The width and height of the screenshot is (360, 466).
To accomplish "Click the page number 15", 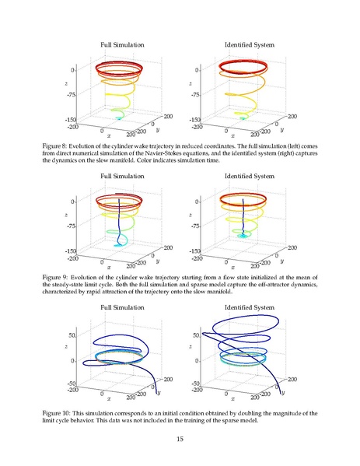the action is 180,439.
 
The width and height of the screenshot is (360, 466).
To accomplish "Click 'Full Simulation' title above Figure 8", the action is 122,45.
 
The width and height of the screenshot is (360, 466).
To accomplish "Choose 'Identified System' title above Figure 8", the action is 250,45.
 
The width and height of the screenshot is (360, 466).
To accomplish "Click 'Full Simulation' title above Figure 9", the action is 122,177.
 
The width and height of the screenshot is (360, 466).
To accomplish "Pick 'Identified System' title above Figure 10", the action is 250,307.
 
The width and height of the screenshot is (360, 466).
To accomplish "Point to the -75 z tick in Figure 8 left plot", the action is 71,95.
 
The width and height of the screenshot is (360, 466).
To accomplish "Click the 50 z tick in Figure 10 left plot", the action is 72,335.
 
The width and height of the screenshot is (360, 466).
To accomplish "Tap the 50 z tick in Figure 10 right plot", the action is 196,335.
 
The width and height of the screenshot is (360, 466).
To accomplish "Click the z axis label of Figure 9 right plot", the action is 190,215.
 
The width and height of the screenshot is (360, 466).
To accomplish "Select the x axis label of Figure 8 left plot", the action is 109,136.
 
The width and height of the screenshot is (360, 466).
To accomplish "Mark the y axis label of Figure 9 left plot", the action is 157,261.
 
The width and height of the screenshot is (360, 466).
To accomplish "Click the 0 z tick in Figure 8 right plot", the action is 197,70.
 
